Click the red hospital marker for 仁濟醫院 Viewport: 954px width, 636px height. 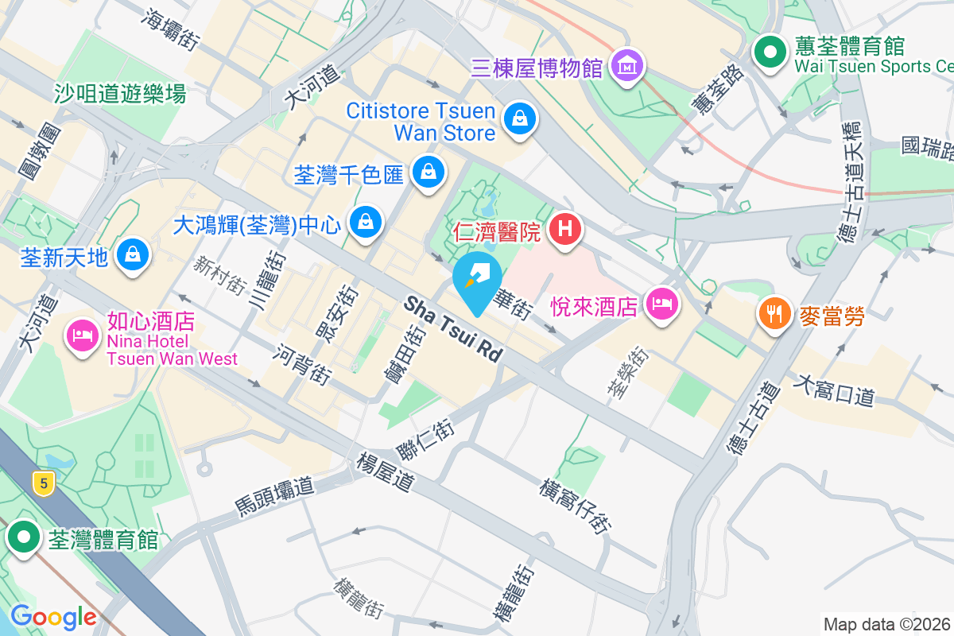click(565, 229)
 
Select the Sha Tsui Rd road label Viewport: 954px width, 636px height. click(454, 329)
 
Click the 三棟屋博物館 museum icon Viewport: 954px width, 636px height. click(627, 66)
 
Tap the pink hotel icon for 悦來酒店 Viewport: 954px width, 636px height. click(661, 303)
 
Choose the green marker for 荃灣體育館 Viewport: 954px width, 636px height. click(25, 538)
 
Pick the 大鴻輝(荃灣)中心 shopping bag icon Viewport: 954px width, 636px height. click(366, 220)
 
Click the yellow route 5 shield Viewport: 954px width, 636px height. click(43, 482)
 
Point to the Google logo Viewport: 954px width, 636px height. click(53, 617)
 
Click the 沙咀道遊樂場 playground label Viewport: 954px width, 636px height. click(120, 94)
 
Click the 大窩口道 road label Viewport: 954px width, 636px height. click(835, 390)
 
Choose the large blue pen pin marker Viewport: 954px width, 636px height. click(478, 280)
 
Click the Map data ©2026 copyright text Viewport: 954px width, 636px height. click(886, 624)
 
